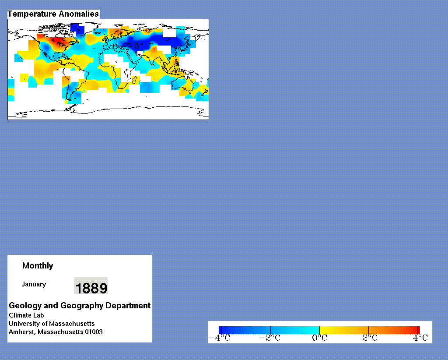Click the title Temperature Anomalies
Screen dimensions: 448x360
[x=53, y=14]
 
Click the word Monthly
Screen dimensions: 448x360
[x=38, y=266]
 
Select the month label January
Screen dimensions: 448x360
[x=34, y=284]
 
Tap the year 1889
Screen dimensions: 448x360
[x=91, y=288]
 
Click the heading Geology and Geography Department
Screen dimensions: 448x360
[x=80, y=305]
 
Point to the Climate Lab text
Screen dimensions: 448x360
[x=26, y=315]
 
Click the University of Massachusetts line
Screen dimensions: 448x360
[x=52, y=323]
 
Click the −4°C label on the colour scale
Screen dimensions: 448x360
[x=219, y=338]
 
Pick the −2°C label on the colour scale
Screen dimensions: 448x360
[x=269, y=338]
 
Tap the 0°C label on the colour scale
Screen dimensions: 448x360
[x=319, y=338]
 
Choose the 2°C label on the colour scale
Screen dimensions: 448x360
[x=370, y=338]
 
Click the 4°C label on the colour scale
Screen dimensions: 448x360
[x=420, y=338]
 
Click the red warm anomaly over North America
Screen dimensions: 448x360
[x=57, y=41]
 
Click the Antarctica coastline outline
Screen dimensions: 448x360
[x=108, y=110]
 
